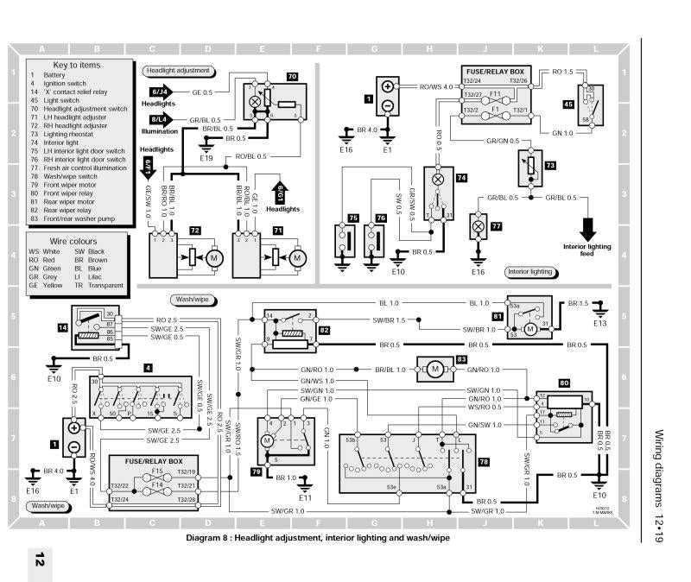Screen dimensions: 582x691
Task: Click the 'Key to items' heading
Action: pyautogui.click(x=77, y=65)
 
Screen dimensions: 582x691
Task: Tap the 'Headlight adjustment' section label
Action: pyautogui.click(x=179, y=70)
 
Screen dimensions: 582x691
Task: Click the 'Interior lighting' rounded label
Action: pyautogui.click(x=530, y=271)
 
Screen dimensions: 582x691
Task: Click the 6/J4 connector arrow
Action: pyautogui.click(x=160, y=92)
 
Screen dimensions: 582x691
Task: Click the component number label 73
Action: pyautogui.click(x=549, y=164)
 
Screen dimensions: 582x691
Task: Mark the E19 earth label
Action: pyautogui.click(x=206, y=159)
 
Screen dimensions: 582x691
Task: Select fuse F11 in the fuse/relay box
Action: pyautogui.click(x=495, y=93)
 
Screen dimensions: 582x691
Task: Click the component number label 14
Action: pyautogui.click(x=62, y=328)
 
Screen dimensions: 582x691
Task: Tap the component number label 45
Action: pyautogui.click(x=568, y=104)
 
